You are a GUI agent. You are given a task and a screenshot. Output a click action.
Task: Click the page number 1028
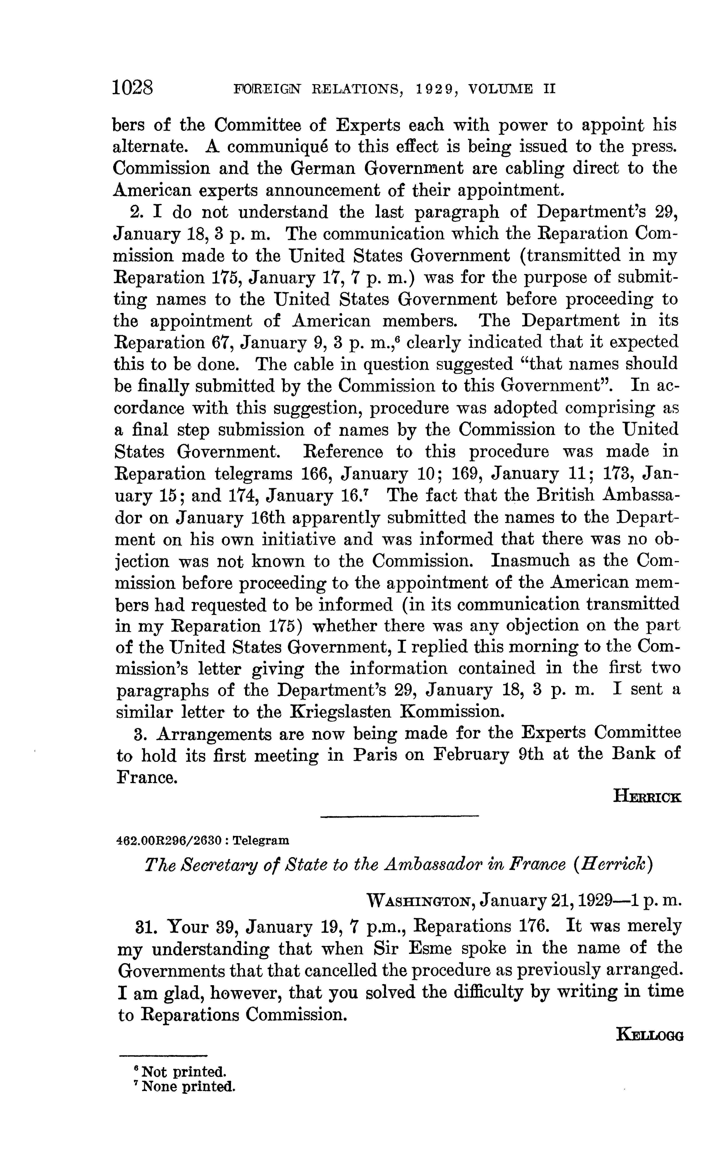pyautogui.click(x=133, y=89)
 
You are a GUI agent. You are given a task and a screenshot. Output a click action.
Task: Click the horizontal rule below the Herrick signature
pyautogui.click(x=399, y=817)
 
